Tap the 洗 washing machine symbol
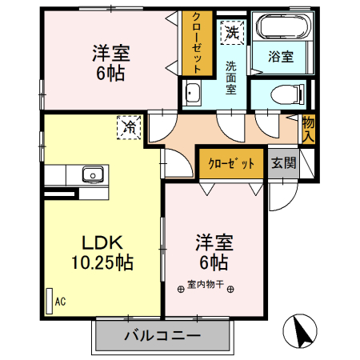coord(231,33)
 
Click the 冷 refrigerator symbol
coord(128,126)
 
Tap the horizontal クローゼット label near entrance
coord(232,163)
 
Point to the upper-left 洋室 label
coord(111,53)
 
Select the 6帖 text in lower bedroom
coord(213,261)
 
